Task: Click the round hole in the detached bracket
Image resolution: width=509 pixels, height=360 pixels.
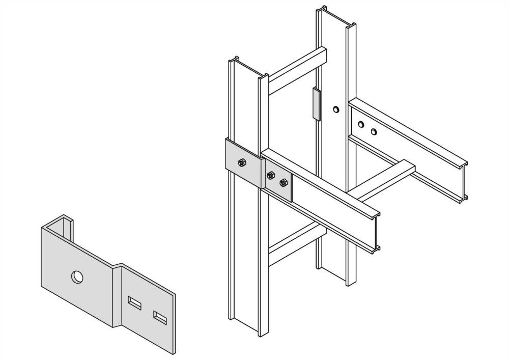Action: [x=77, y=277]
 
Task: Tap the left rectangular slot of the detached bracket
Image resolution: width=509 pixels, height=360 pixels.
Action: [x=134, y=302]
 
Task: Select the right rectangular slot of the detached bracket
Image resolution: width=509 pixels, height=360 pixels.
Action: [x=160, y=318]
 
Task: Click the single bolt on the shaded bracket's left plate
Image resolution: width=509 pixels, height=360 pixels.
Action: [x=242, y=163]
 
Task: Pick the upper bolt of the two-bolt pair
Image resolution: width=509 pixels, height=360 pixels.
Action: [x=270, y=176]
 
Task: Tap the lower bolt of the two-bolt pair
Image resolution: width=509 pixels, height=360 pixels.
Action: [x=284, y=182]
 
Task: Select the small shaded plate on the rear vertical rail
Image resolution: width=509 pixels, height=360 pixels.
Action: [x=317, y=104]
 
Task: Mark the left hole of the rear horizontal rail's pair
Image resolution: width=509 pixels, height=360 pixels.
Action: [x=361, y=124]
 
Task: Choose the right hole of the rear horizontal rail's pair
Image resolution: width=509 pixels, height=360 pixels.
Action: [x=374, y=132]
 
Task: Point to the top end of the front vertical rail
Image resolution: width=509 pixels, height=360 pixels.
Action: [x=248, y=69]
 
